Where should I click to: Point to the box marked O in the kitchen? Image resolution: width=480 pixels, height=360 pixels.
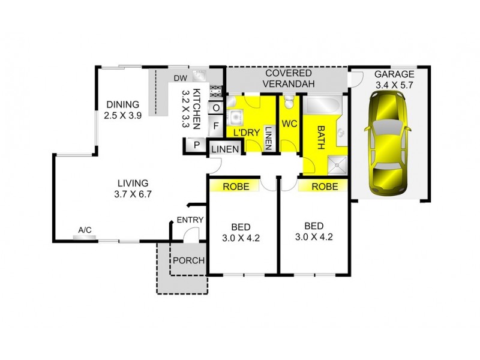pyautogui.click(x=216, y=108)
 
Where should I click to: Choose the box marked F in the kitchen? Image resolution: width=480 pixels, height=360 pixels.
pyautogui.click(x=216, y=126)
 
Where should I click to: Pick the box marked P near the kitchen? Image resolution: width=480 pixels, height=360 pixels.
pyautogui.click(x=196, y=145)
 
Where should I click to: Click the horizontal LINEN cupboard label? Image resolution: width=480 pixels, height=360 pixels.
pyautogui.click(x=226, y=149)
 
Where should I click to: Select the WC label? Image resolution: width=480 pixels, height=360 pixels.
pyautogui.click(x=289, y=124)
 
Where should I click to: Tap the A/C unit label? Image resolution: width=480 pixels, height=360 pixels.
pyautogui.click(x=85, y=230)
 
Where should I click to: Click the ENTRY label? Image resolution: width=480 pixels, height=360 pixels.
pyautogui.click(x=190, y=220)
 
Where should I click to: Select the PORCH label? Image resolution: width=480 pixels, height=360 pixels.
pyautogui.click(x=188, y=260)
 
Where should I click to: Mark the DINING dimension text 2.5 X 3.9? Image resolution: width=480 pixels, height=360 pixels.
pyautogui.click(x=122, y=116)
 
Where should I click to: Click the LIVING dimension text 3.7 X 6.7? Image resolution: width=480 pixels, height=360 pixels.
pyautogui.click(x=133, y=194)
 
